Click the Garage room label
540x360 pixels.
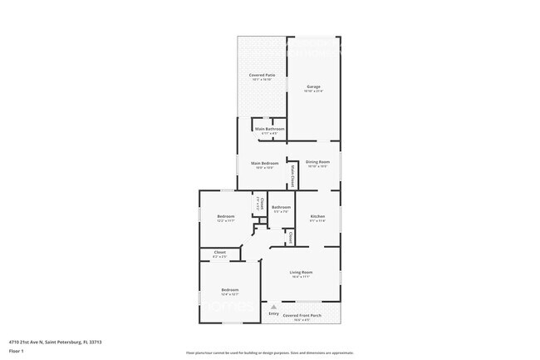(x=313, y=86)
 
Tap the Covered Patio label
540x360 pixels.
(x=262, y=76)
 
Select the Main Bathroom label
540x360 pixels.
(x=270, y=129)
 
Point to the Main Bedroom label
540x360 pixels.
(x=264, y=163)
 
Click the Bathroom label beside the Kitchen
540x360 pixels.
(x=281, y=207)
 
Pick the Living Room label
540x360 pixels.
(x=300, y=272)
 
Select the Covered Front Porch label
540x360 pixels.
(x=301, y=316)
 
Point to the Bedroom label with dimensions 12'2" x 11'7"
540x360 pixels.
(x=226, y=216)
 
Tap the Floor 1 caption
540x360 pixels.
(x=17, y=351)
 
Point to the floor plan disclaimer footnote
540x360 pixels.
(x=269, y=353)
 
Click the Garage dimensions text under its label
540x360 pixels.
(x=313, y=91)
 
